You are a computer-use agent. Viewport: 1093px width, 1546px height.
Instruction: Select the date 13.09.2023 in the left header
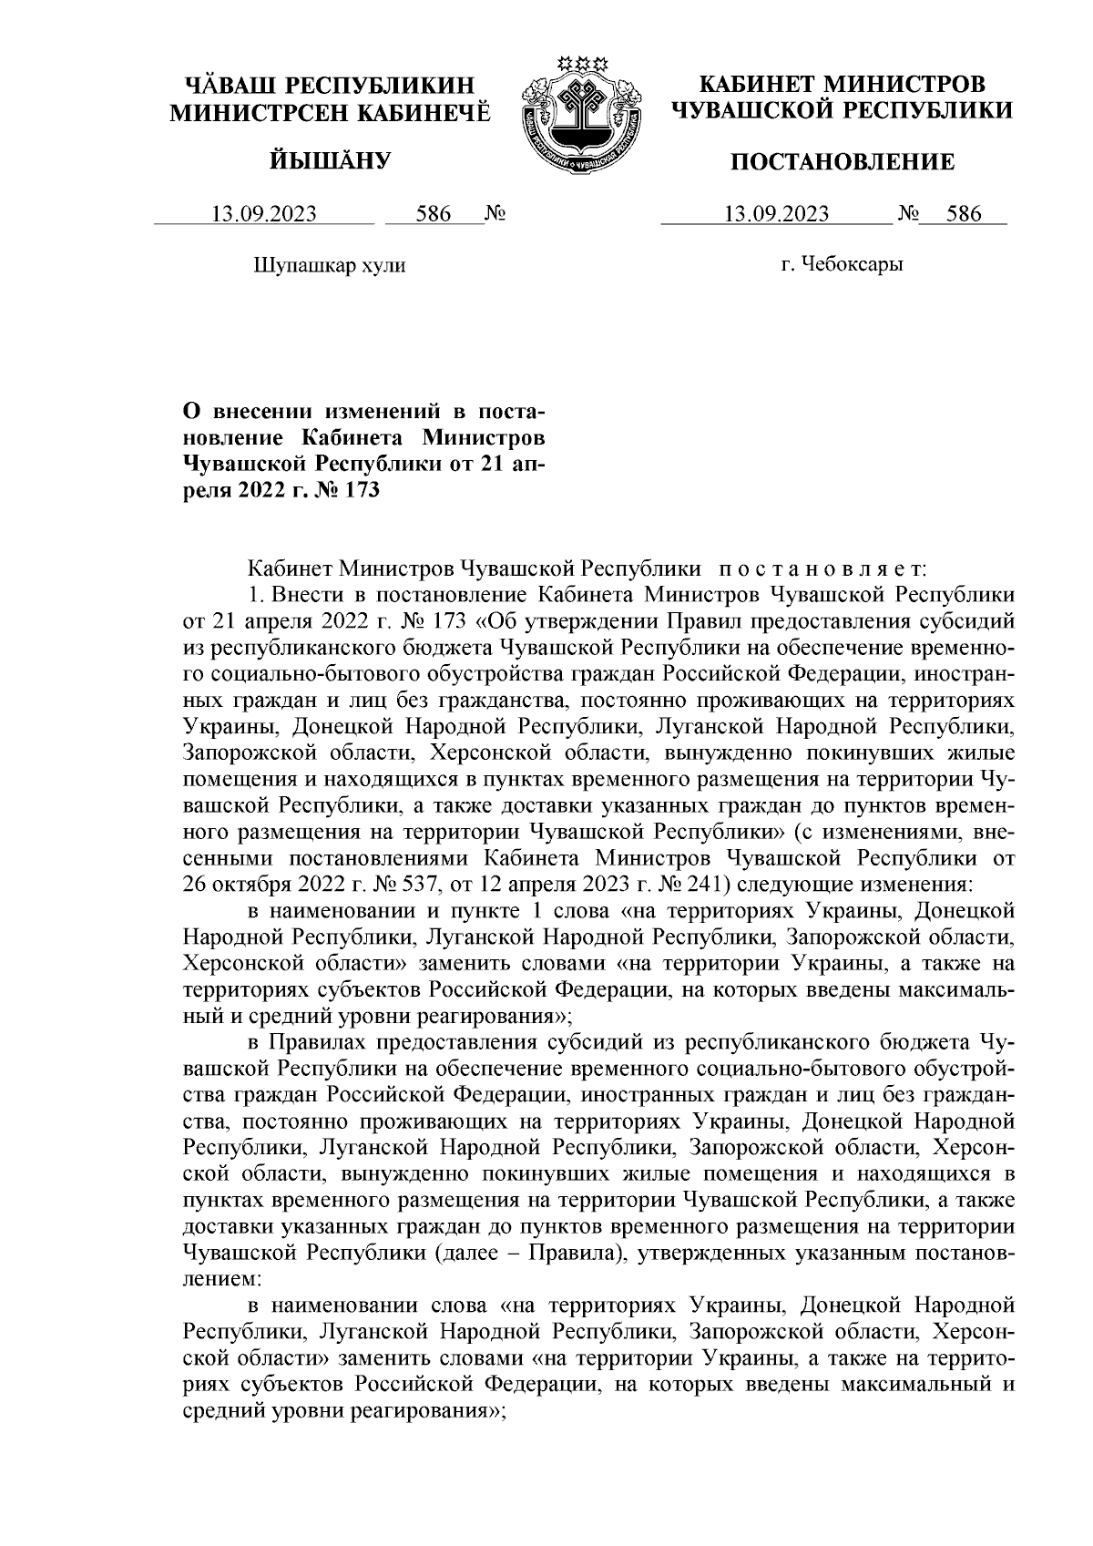(x=264, y=215)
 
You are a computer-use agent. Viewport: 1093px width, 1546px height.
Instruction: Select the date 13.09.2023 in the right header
(x=776, y=215)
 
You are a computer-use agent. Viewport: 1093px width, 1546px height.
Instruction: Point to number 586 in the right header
(x=964, y=215)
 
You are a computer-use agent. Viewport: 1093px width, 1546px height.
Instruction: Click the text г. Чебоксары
(x=843, y=266)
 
